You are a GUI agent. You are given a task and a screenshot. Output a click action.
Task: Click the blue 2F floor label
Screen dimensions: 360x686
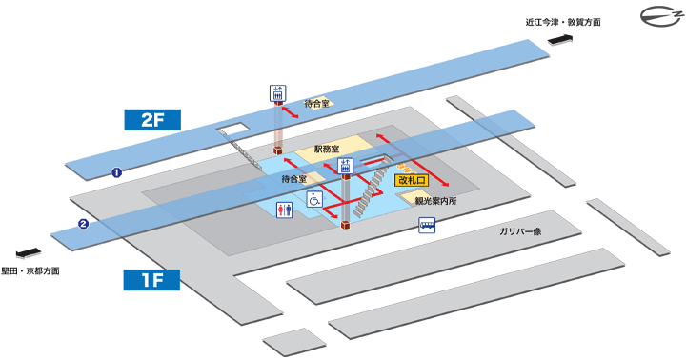pyautogui.click(x=153, y=119)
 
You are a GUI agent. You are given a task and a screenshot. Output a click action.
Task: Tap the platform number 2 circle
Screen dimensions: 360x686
pyautogui.click(x=84, y=225)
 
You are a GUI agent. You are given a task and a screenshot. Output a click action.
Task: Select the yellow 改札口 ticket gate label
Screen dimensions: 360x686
pyautogui.click(x=414, y=180)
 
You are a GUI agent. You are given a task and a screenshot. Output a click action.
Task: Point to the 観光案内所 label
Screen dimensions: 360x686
pyautogui.click(x=435, y=200)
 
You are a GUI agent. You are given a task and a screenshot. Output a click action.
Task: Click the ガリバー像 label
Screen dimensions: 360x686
pyautogui.click(x=520, y=231)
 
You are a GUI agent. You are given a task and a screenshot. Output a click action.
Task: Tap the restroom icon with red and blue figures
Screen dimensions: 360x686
pyautogui.click(x=282, y=210)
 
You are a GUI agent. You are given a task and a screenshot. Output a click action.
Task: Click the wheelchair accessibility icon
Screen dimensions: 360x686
pyautogui.click(x=313, y=199)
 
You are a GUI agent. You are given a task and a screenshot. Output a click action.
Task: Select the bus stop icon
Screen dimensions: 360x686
pyautogui.click(x=428, y=226)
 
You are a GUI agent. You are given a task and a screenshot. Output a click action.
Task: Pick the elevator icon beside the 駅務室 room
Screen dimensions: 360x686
pyautogui.click(x=345, y=166)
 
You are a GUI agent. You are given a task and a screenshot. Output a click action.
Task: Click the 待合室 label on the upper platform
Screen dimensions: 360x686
pyautogui.click(x=316, y=103)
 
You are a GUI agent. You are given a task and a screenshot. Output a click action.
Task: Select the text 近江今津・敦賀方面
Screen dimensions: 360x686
pyautogui.click(x=562, y=22)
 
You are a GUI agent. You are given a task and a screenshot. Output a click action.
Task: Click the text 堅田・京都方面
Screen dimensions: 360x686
pyautogui.click(x=30, y=271)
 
